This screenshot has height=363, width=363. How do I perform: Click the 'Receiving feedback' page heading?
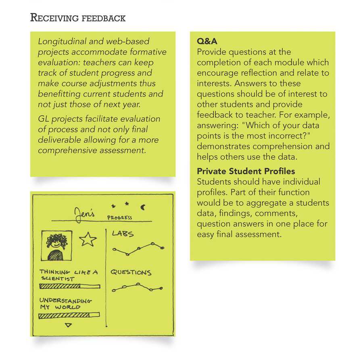click(78, 18)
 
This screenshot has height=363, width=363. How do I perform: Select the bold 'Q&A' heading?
click(207, 42)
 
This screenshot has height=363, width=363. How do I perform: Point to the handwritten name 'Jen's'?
click(83, 213)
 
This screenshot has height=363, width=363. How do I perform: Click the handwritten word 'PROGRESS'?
click(119, 218)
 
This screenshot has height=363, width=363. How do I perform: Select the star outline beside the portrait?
click(88, 239)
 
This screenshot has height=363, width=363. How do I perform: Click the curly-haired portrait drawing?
click(57, 245)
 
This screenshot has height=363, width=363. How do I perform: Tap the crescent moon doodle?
click(143, 207)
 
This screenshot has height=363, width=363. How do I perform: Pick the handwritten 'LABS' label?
click(123, 234)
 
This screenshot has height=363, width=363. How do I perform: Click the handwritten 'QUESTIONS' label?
click(131, 272)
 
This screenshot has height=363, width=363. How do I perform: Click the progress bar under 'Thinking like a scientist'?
click(69, 286)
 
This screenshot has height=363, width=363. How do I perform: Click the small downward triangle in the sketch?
click(68, 325)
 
